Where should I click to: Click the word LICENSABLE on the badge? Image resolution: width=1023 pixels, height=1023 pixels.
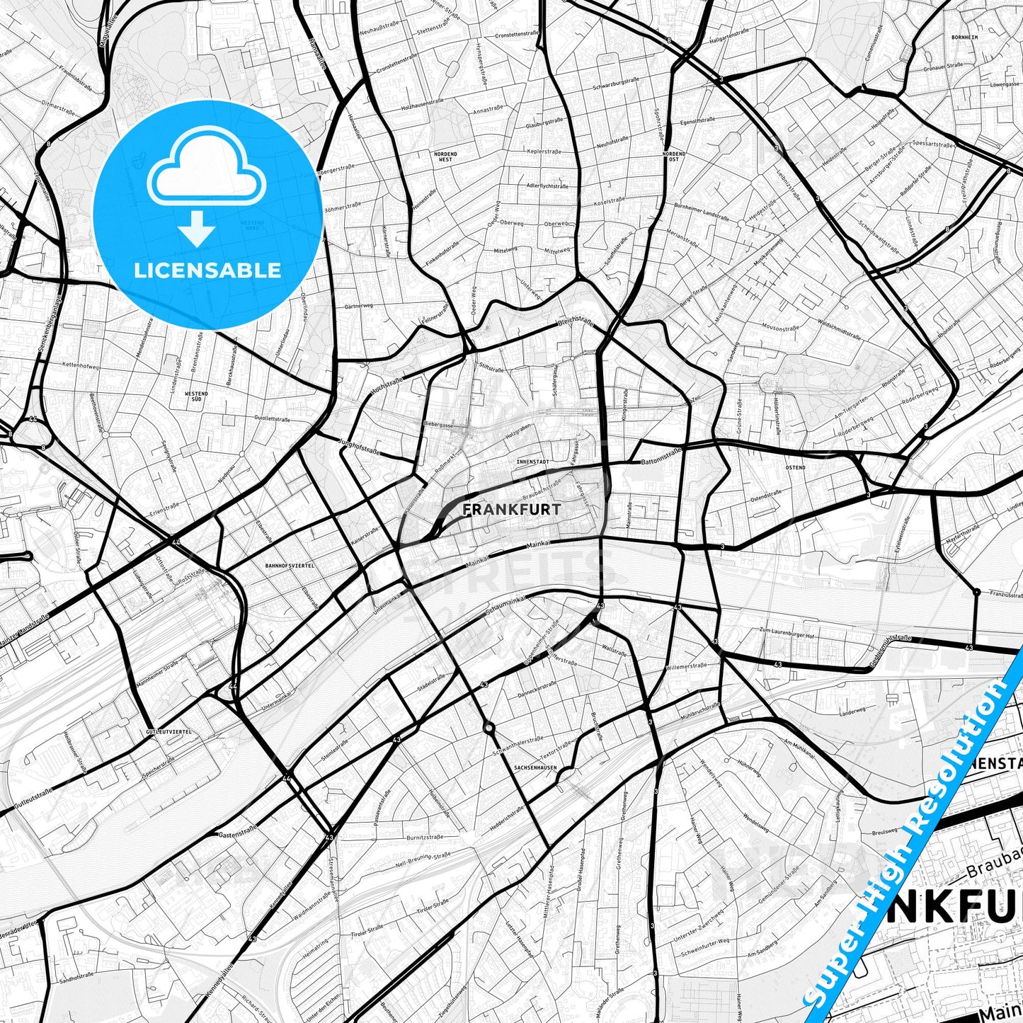[207, 270]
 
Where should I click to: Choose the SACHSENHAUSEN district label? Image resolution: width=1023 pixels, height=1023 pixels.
[536, 767]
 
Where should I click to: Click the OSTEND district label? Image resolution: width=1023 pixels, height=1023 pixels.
[795, 468]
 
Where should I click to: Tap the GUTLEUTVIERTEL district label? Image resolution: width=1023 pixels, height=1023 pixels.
[168, 731]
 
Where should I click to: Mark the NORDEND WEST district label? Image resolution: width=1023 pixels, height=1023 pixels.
[446, 156]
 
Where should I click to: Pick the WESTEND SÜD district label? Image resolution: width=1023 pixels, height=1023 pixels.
[196, 396]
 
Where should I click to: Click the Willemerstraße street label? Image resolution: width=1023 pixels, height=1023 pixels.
[686, 666]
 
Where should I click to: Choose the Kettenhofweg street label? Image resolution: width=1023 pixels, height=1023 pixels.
[81, 365]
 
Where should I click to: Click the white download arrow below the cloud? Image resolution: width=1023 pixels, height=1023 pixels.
[197, 229]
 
